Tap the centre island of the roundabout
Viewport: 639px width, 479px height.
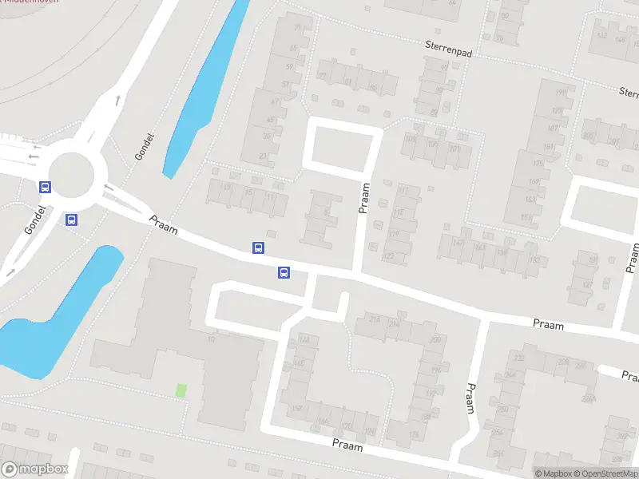tap(71, 172)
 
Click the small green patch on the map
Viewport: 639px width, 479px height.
tap(181, 390)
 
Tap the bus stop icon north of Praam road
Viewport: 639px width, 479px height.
tap(258, 248)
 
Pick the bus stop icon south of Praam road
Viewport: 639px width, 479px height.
tap(284, 273)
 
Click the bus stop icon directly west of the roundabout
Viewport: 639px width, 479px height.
tap(46, 188)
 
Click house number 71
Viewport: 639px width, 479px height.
tap(299, 29)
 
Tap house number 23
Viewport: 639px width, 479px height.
tap(264, 156)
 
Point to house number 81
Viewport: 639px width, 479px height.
tap(347, 81)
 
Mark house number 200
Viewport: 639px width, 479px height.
tap(435, 340)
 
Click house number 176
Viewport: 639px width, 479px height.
tap(413, 434)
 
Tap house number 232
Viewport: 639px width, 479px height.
tap(519, 358)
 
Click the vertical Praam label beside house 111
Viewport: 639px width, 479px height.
tap(365, 198)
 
